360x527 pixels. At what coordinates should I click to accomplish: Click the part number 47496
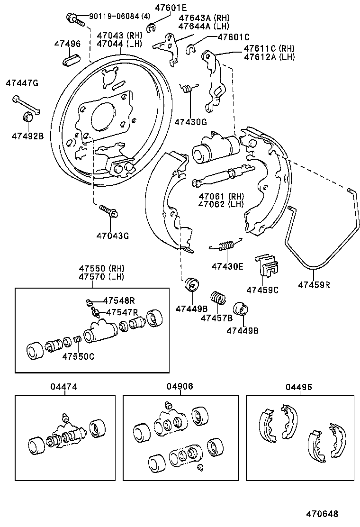(67, 44)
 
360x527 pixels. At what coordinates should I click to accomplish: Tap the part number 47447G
(22, 83)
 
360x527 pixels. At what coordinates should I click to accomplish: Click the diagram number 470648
(322, 513)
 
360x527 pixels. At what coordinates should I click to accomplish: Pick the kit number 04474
(64, 387)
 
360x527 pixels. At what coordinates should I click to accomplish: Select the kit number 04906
(180, 387)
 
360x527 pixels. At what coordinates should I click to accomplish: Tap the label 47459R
(314, 285)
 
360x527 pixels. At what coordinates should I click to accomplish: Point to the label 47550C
(78, 356)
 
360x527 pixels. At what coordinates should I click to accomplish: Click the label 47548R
(119, 300)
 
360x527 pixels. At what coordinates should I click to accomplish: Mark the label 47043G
(113, 235)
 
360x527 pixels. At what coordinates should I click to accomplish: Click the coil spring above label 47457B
(218, 298)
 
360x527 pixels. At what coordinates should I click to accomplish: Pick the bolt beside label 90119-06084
(75, 20)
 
